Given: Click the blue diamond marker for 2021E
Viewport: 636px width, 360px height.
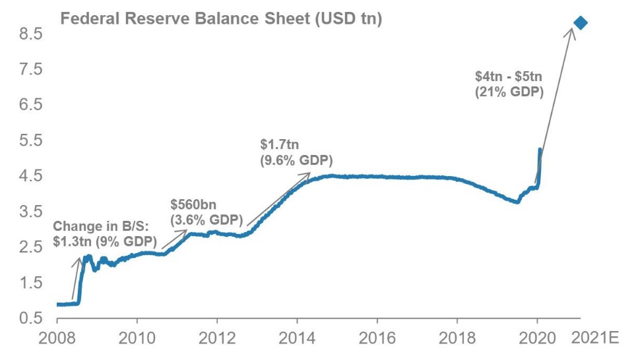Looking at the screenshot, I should click(581, 23).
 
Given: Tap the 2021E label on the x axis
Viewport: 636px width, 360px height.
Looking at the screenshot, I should click(594, 340).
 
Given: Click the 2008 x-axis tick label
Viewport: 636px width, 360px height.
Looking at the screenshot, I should click(57, 340).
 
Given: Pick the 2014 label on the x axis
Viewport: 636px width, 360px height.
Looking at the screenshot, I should click(297, 340).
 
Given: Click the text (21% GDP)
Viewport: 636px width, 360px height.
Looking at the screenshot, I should click(509, 93).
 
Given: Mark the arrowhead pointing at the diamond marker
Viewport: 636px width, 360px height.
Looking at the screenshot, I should click(572, 32).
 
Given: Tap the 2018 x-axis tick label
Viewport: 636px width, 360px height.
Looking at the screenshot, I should click(457, 340).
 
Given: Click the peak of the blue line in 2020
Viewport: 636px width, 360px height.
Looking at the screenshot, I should click(540, 150).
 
